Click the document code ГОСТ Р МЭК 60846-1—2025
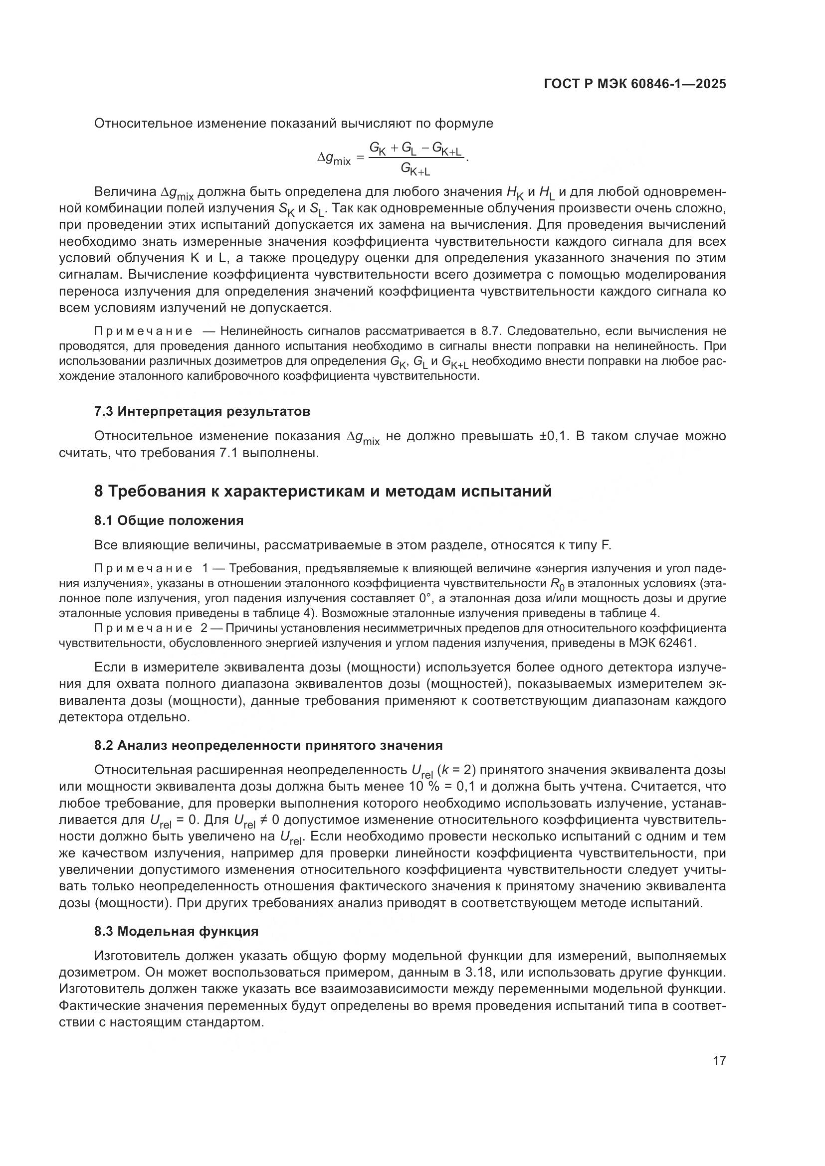[x=634, y=84]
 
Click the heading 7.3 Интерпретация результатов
[x=202, y=411]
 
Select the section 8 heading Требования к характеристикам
[x=323, y=492]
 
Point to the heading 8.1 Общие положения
[x=169, y=520]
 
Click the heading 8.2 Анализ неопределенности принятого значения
[x=268, y=745]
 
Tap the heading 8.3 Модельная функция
[x=176, y=931]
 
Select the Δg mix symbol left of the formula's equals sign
[x=334, y=159]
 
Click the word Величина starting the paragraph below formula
[x=125, y=192]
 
